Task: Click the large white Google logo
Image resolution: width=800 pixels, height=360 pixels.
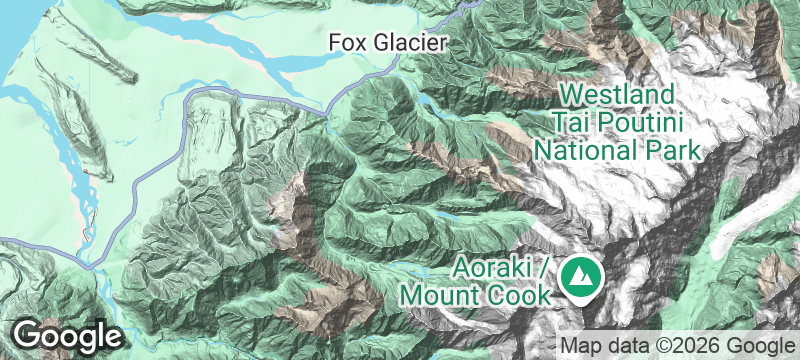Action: [x=67, y=334]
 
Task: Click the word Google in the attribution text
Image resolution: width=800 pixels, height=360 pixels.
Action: [x=755, y=345]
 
